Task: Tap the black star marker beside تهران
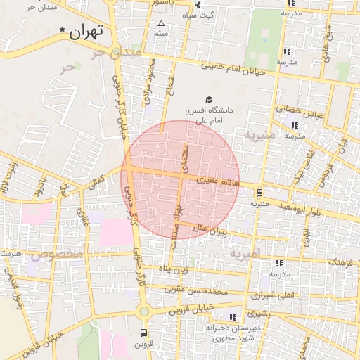63,30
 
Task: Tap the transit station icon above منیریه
260,192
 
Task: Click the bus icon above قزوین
144,333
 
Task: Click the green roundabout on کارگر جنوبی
143,311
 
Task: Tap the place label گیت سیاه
198,15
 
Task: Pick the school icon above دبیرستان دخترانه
233,318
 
